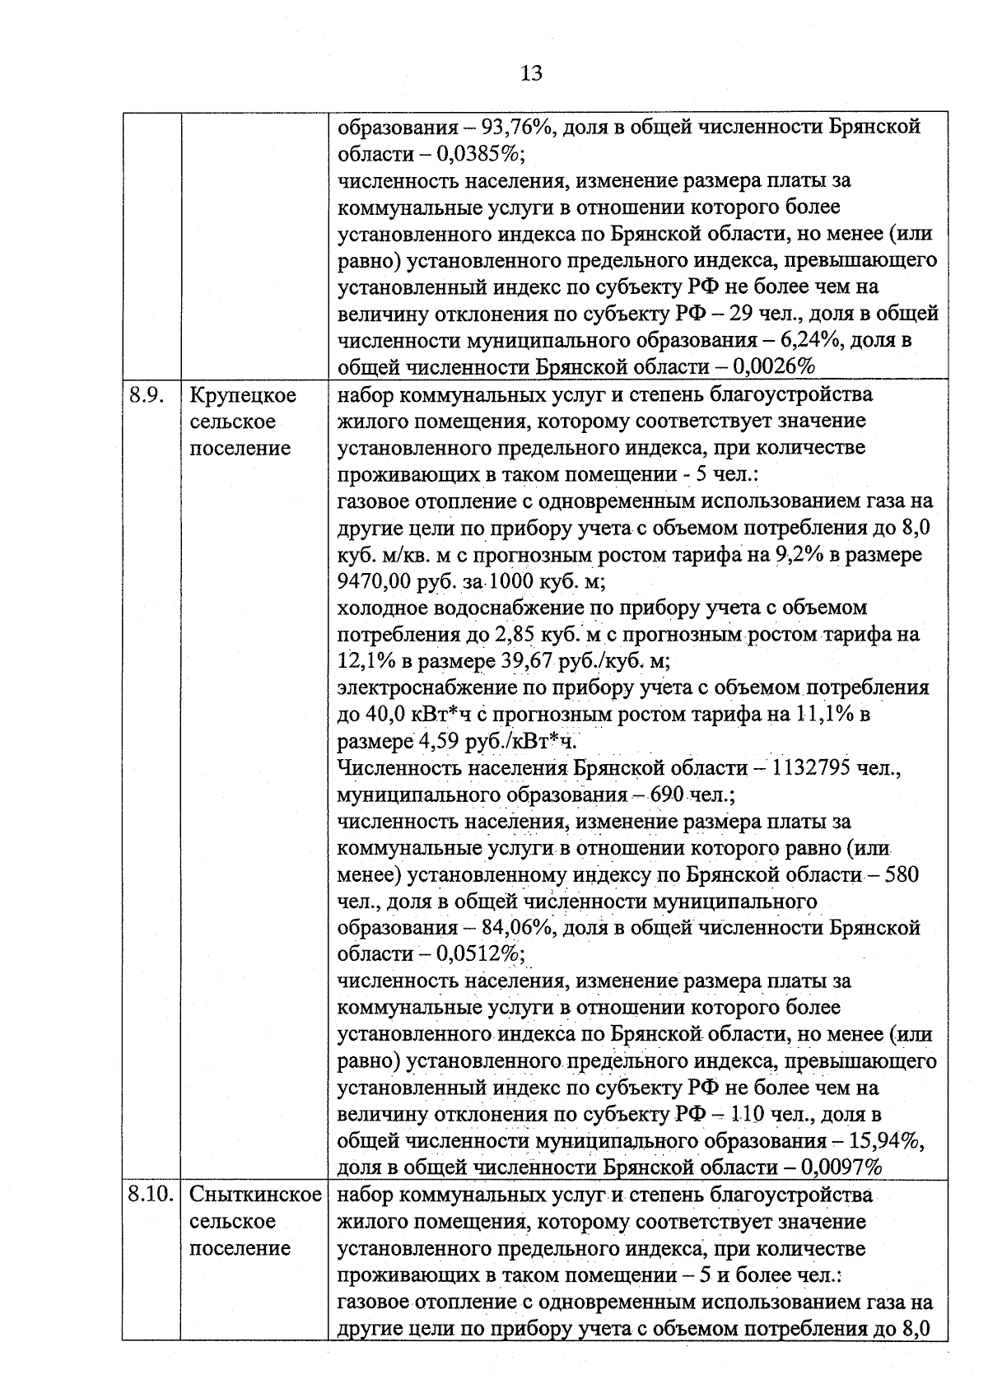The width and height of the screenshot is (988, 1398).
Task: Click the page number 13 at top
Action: point(532,73)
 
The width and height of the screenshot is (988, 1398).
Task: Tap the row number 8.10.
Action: point(152,1195)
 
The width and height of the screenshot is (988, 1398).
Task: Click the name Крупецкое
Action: point(243,395)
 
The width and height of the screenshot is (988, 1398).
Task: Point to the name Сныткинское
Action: point(255,1195)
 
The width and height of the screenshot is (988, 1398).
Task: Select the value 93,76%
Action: point(517,128)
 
